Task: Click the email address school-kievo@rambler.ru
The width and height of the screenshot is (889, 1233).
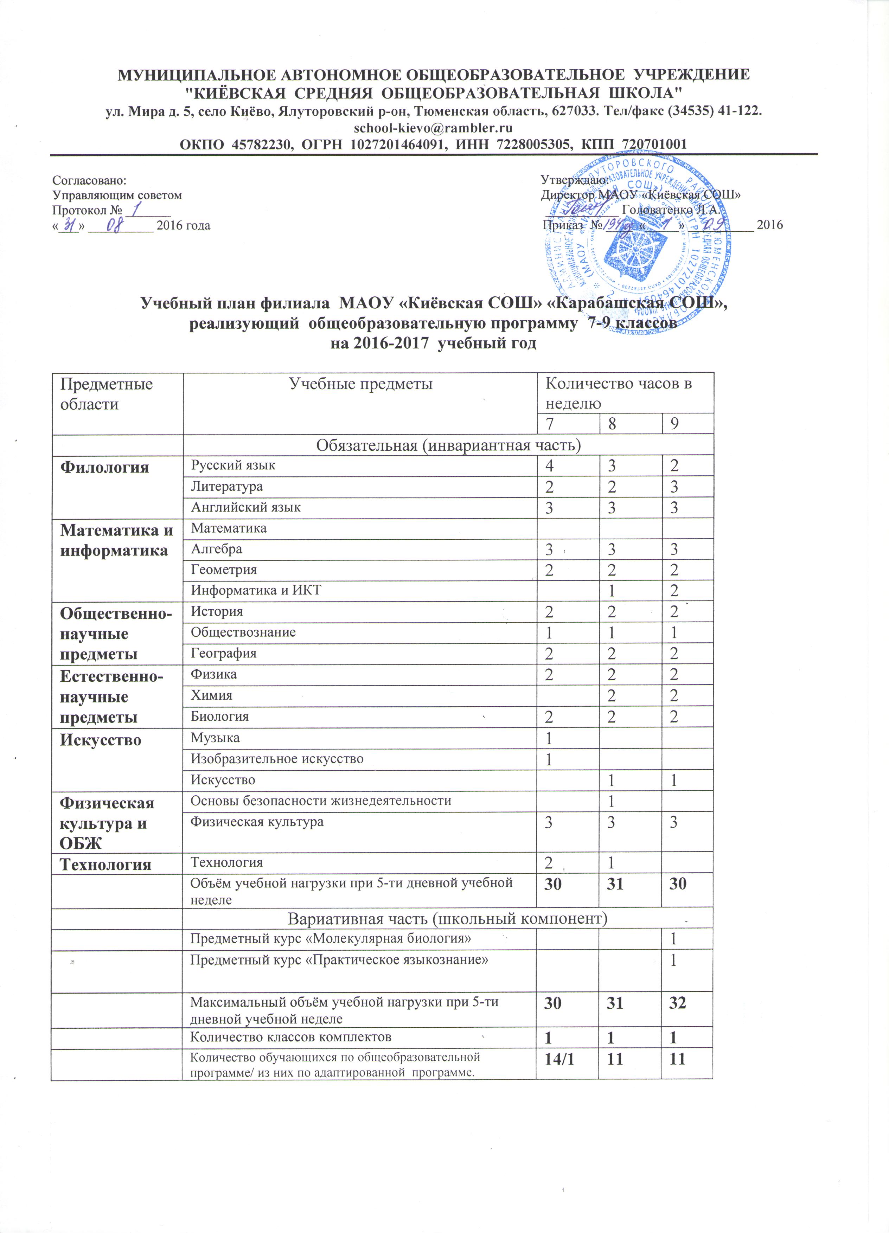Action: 433,128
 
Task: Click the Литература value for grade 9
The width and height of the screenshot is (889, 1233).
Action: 674,487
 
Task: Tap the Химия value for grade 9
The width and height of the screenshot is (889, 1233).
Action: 674,696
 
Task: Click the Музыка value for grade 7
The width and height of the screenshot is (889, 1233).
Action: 549,738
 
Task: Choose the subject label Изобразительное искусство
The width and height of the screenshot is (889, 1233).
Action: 277,759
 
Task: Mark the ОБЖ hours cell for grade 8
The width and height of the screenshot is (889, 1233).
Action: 612,801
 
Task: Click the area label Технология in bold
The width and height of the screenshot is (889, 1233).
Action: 105,865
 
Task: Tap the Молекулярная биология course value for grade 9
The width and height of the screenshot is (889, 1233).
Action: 674,939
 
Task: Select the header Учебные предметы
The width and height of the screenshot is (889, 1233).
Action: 360,384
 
